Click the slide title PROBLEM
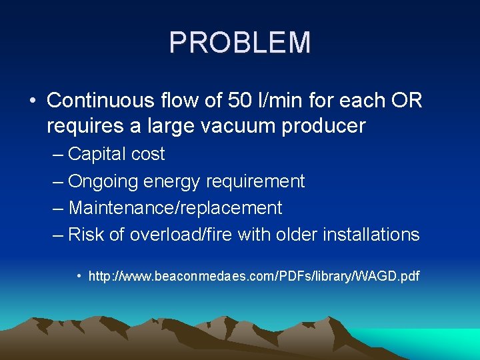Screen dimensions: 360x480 pyautogui.click(x=240, y=43)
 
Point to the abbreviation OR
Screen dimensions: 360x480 pyautogui.click(x=407, y=101)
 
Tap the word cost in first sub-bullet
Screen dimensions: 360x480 pyautogui.click(x=148, y=155)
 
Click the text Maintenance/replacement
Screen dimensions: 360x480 pyautogui.click(x=175, y=208)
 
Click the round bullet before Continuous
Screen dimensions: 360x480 pyautogui.click(x=33, y=101)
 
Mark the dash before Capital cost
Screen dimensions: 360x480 pyautogui.click(x=58, y=155)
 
